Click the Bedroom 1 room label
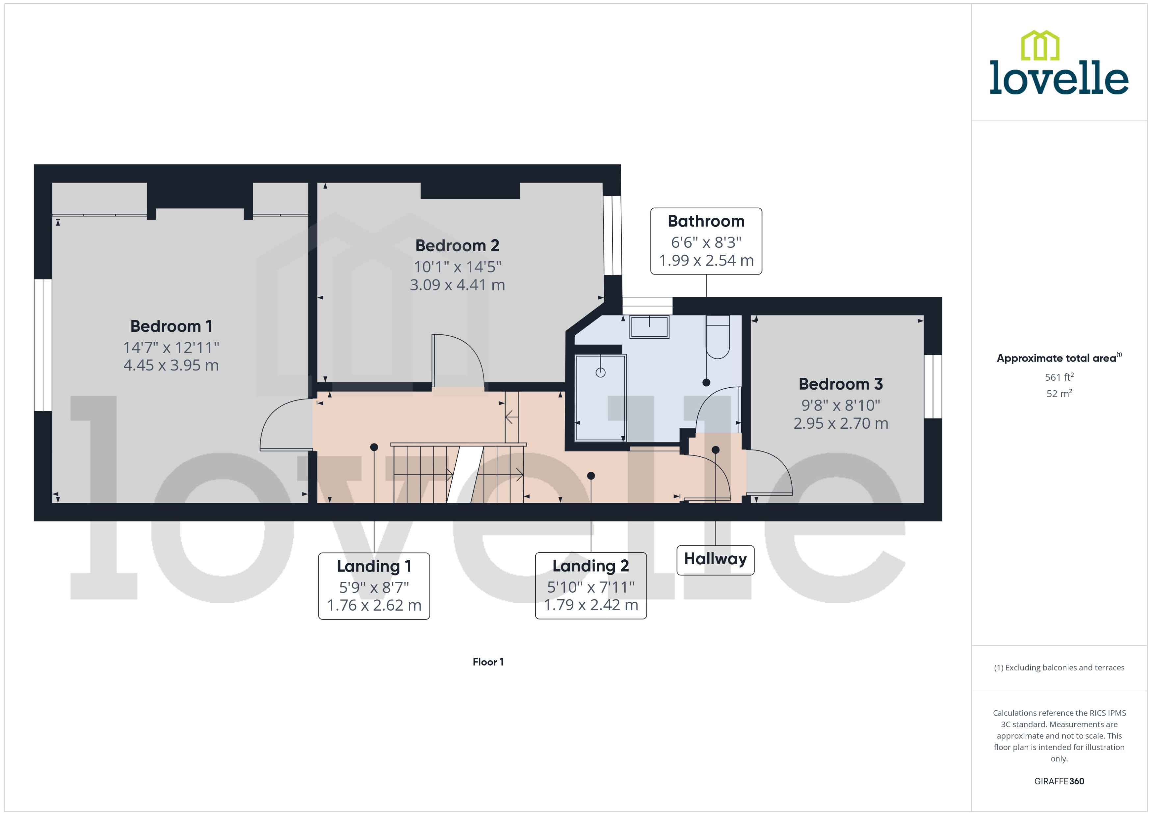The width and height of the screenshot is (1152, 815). pyautogui.click(x=171, y=326)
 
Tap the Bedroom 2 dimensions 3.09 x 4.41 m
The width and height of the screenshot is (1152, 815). pyautogui.click(x=457, y=285)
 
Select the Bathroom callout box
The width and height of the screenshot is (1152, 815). pyautogui.click(x=706, y=241)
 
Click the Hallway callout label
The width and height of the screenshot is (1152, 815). pyautogui.click(x=715, y=559)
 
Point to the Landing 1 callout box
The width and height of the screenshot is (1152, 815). pyautogui.click(x=374, y=586)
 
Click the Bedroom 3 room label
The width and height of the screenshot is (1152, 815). pyautogui.click(x=840, y=384)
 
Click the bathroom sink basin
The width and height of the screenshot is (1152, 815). pyautogui.click(x=649, y=327)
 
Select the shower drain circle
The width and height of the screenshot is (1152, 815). pyautogui.click(x=600, y=372)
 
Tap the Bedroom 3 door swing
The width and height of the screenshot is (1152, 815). pyautogui.click(x=768, y=472)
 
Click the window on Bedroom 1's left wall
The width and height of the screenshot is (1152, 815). pyautogui.click(x=43, y=345)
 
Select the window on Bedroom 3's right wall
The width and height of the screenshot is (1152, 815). pyautogui.click(x=933, y=386)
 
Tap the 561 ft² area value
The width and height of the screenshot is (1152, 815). pyautogui.click(x=1059, y=377)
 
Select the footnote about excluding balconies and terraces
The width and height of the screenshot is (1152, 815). pyautogui.click(x=1059, y=668)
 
